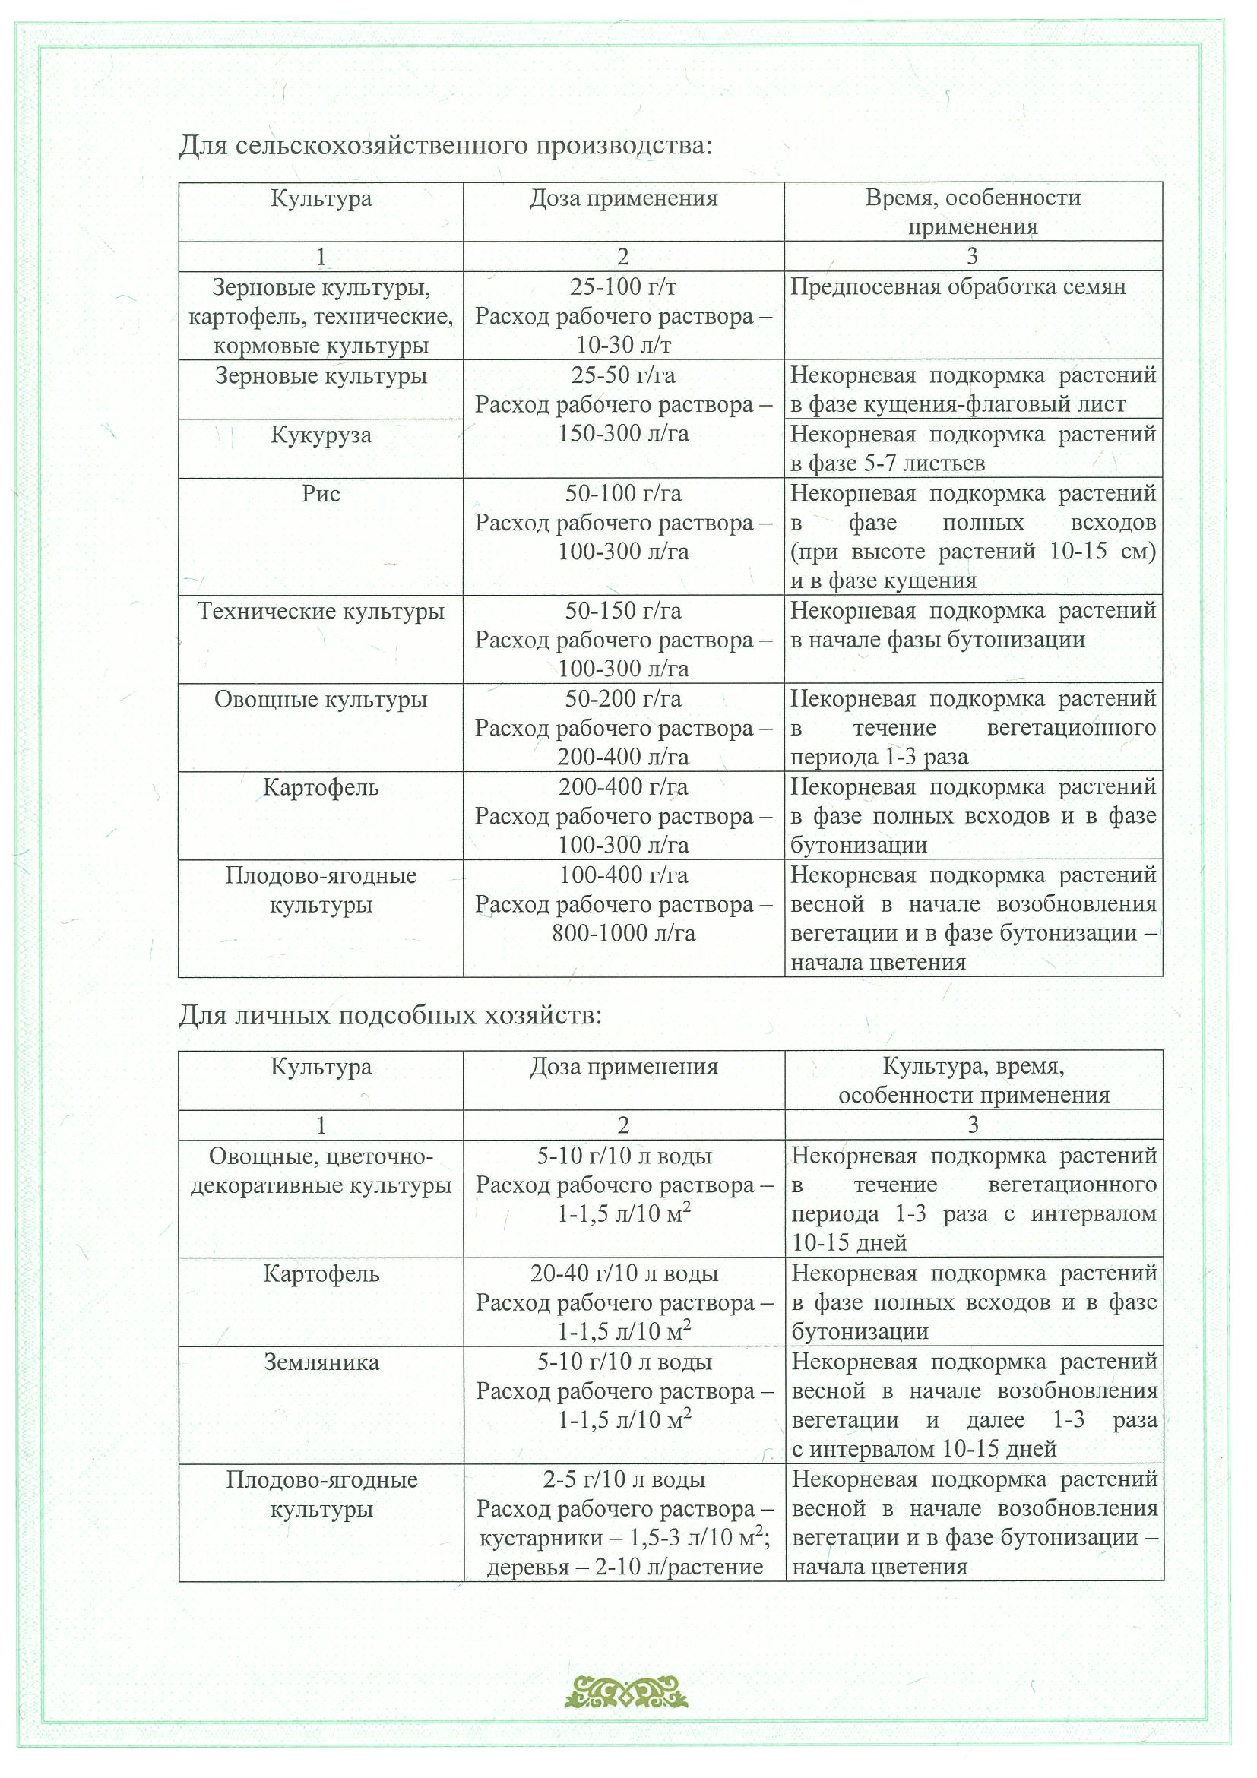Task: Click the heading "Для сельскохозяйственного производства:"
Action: point(445,145)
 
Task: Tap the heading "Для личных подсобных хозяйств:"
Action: point(390,1014)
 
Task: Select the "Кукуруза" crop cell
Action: point(321,435)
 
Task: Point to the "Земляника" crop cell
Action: point(321,1362)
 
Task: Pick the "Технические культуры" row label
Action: point(321,611)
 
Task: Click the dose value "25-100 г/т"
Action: point(623,287)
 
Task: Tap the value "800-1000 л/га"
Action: point(623,933)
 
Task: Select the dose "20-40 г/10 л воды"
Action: point(624,1274)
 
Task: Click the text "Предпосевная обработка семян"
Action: point(958,287)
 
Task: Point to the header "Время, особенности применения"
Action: point(973,211)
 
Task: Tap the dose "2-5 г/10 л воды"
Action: point(624,1480)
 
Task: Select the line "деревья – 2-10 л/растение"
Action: point(624,1568)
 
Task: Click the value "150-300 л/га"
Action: point(623,434)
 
